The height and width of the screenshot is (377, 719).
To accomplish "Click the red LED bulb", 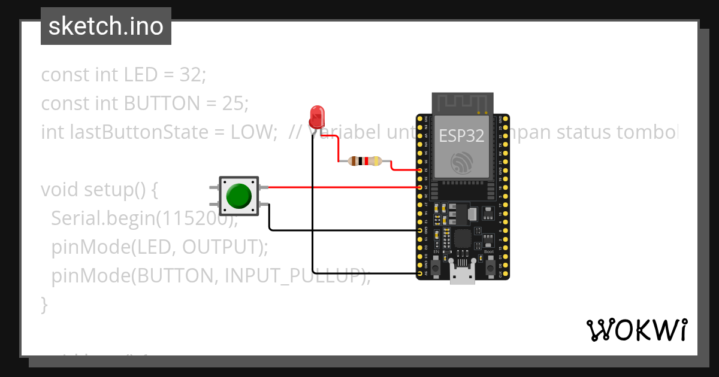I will tap(316, 115).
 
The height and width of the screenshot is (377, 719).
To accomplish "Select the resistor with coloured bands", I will tap(365, 160).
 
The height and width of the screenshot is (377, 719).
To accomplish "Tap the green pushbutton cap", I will tap(238, 196).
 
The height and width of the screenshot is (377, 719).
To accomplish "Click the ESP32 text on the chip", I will tap(461, 135).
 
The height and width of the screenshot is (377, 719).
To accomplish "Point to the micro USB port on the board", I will tap(463, 275).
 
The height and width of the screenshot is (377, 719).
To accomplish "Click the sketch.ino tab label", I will tap(106, 26).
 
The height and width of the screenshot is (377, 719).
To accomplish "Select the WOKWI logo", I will tap(636, 330).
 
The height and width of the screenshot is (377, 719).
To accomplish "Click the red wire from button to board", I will tap(342, 187).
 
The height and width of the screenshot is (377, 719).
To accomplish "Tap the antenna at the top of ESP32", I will tap(463, 103).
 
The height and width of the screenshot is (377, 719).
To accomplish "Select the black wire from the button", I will tap(336, 230).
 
